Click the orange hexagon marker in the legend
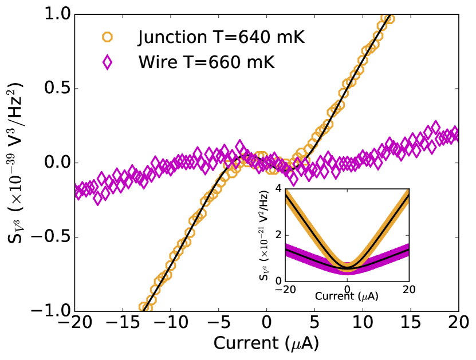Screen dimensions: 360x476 107,38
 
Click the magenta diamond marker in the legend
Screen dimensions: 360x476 107,62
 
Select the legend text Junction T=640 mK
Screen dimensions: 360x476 221,38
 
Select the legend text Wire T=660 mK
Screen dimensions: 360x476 206,62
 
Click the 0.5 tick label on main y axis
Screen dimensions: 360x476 56,89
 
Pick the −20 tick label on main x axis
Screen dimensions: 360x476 73,323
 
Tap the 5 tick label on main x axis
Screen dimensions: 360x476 314,323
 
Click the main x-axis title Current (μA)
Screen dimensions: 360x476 266,343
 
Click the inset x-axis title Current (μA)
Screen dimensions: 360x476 347,298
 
